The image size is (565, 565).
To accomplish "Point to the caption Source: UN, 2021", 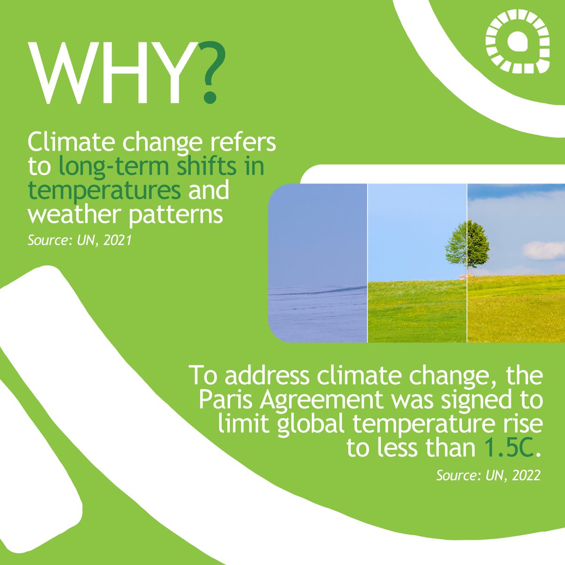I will coord(79,241).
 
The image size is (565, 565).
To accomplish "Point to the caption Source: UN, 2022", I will coord(488,476).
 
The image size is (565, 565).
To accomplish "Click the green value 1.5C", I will coord(508,448).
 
